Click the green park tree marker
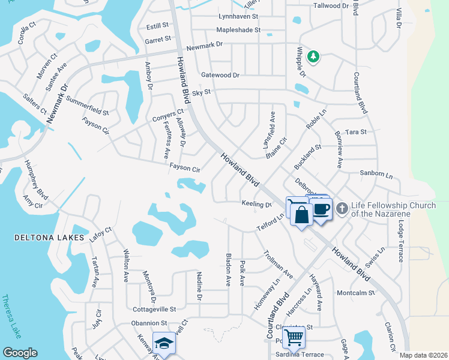pos(313,56)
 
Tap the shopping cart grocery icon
pos(294,337)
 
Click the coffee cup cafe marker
pos(322,209)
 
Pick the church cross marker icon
pos(342,209)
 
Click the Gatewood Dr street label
pos(220,75)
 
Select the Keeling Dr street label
pos(256,204)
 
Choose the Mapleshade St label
pos(238,29)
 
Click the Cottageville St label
pos(154,310)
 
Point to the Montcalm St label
pos(355,293)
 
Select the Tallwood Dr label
pos(331,6)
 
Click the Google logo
pos(20,353)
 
